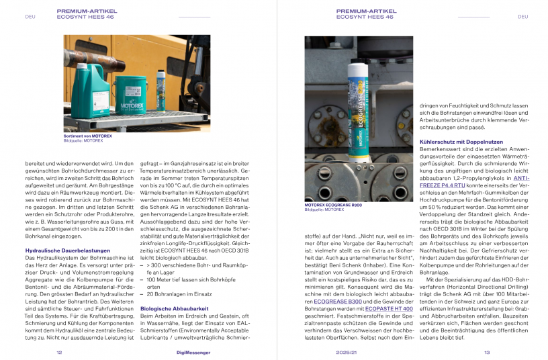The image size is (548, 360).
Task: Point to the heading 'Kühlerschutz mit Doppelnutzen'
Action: pyautogui.click(x=462, y=143)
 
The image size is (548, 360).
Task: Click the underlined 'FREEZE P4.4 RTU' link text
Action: pyautogui.click(x=441, y=187)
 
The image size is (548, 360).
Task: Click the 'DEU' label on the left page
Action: pyautogui.click(x=30, y=17)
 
